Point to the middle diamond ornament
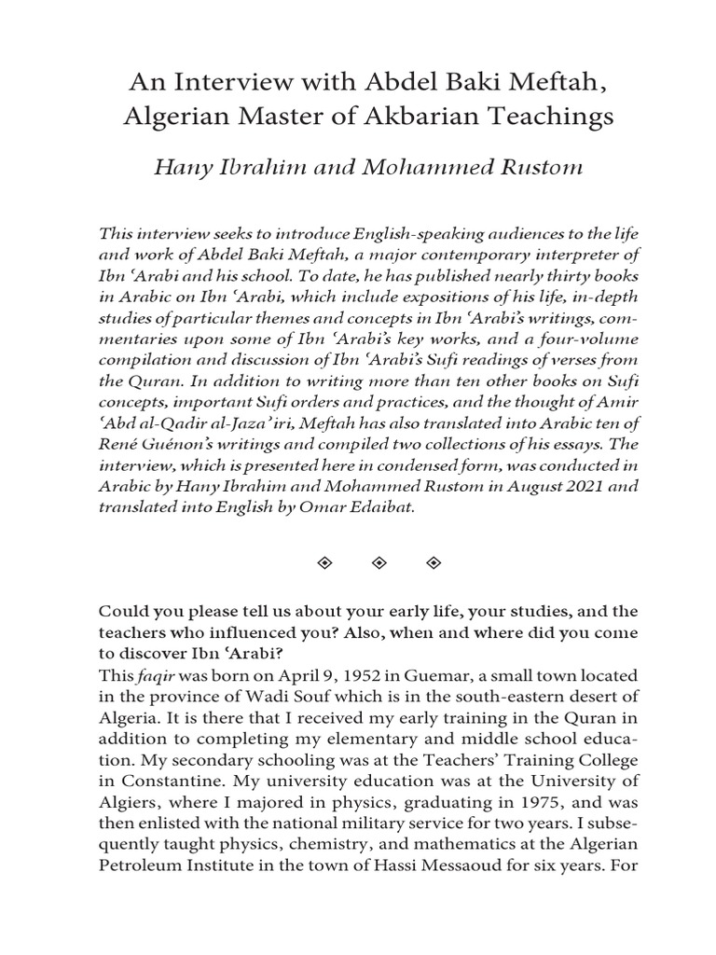[x=379, y=563]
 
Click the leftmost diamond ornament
[x=326, y=563]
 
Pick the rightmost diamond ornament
[x=432, y=563]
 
